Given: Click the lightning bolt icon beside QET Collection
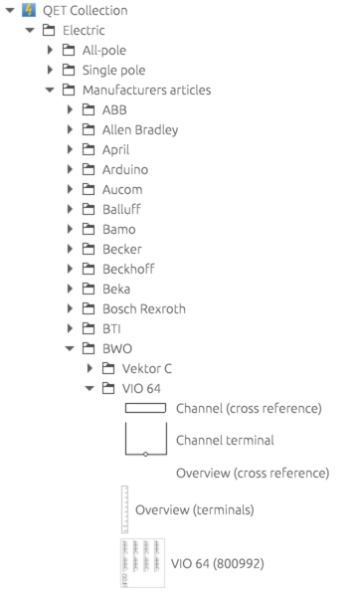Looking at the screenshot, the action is (29, 10).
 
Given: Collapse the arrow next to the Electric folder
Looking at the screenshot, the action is (30, 30).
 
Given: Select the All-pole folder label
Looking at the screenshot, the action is (104, 50).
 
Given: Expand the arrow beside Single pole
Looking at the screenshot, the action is (50, 70).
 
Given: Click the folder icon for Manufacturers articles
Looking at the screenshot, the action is (69, 90).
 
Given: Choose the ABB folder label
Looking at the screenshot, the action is (114, 109).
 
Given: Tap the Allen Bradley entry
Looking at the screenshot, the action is (140, 130).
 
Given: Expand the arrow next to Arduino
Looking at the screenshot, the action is (70, 169).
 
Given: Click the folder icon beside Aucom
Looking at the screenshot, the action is (89, 189).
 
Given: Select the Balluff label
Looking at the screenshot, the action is (121, 209).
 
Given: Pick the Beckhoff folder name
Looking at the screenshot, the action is (128, 269).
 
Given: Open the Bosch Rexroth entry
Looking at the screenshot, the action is (144, 308).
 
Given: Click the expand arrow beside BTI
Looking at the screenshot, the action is (70, 329).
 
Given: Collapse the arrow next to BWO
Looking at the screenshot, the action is (70, 348).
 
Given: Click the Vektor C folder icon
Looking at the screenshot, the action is (108, 368).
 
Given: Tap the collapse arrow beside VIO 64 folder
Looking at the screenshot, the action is (90, 388).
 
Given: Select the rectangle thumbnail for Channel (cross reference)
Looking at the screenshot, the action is (145, 408).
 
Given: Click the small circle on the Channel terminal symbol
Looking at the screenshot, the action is (145, 454).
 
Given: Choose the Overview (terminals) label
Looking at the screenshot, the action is (195, 510).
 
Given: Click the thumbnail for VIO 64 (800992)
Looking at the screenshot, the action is (142, 563).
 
